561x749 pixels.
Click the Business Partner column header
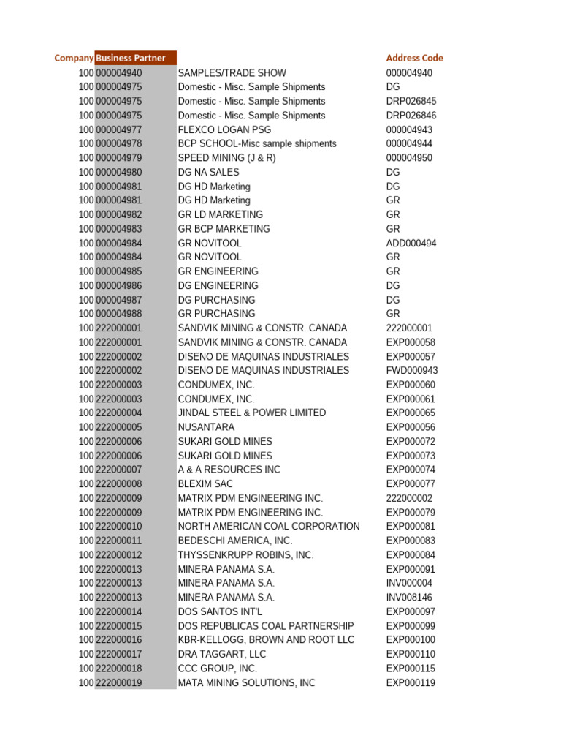tap(131, 59)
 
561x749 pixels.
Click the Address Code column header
tap(414, 59)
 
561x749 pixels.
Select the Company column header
tap(74, 59)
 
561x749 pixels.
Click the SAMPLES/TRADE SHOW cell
tap(232, 73)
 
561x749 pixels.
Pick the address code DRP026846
tap(411, 116)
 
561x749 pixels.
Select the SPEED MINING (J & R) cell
tap(227, 158)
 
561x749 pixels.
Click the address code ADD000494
tap(411, 243)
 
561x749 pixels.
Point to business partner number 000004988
tap(119, 314)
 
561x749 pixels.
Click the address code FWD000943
tap(412, 371)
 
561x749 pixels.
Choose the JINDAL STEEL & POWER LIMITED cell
tap(252, 413)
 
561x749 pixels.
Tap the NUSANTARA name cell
tap(207, 427)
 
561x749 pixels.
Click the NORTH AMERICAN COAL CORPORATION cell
tap(269, 527)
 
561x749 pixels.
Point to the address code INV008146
tap(409, 598)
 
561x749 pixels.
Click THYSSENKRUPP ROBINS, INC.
tap(246, 555)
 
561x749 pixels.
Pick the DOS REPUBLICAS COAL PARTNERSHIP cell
tap(266, 626)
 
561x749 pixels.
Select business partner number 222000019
tap(119, 683)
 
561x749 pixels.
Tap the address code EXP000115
tap(411, 669)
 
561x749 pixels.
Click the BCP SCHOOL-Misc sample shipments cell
tap(257, 144)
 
